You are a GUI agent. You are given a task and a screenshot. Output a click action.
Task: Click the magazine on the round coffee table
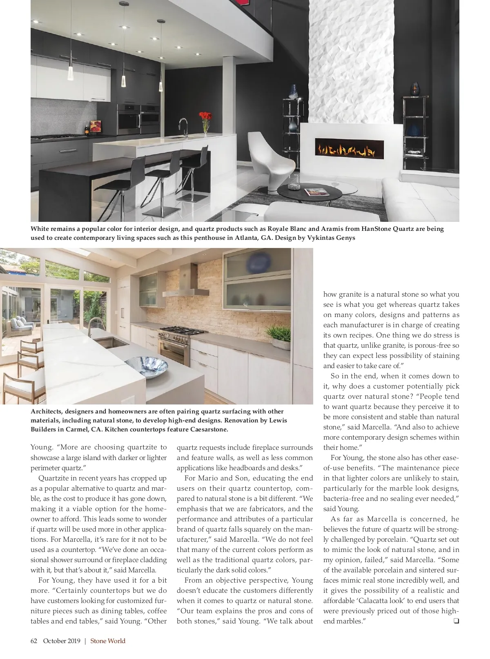click(316, 191)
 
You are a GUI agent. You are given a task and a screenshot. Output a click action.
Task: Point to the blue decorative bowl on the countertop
click(146, 366)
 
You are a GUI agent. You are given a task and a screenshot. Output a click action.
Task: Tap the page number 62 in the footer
click(34, 641)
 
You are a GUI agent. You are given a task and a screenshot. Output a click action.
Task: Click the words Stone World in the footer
click(108, 641)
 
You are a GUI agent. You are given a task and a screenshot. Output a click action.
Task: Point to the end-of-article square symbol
click(456, 621)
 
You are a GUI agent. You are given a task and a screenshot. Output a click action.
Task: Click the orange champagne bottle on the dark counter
click(87, 127)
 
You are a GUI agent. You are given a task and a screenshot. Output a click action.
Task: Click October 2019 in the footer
click(62, 641)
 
